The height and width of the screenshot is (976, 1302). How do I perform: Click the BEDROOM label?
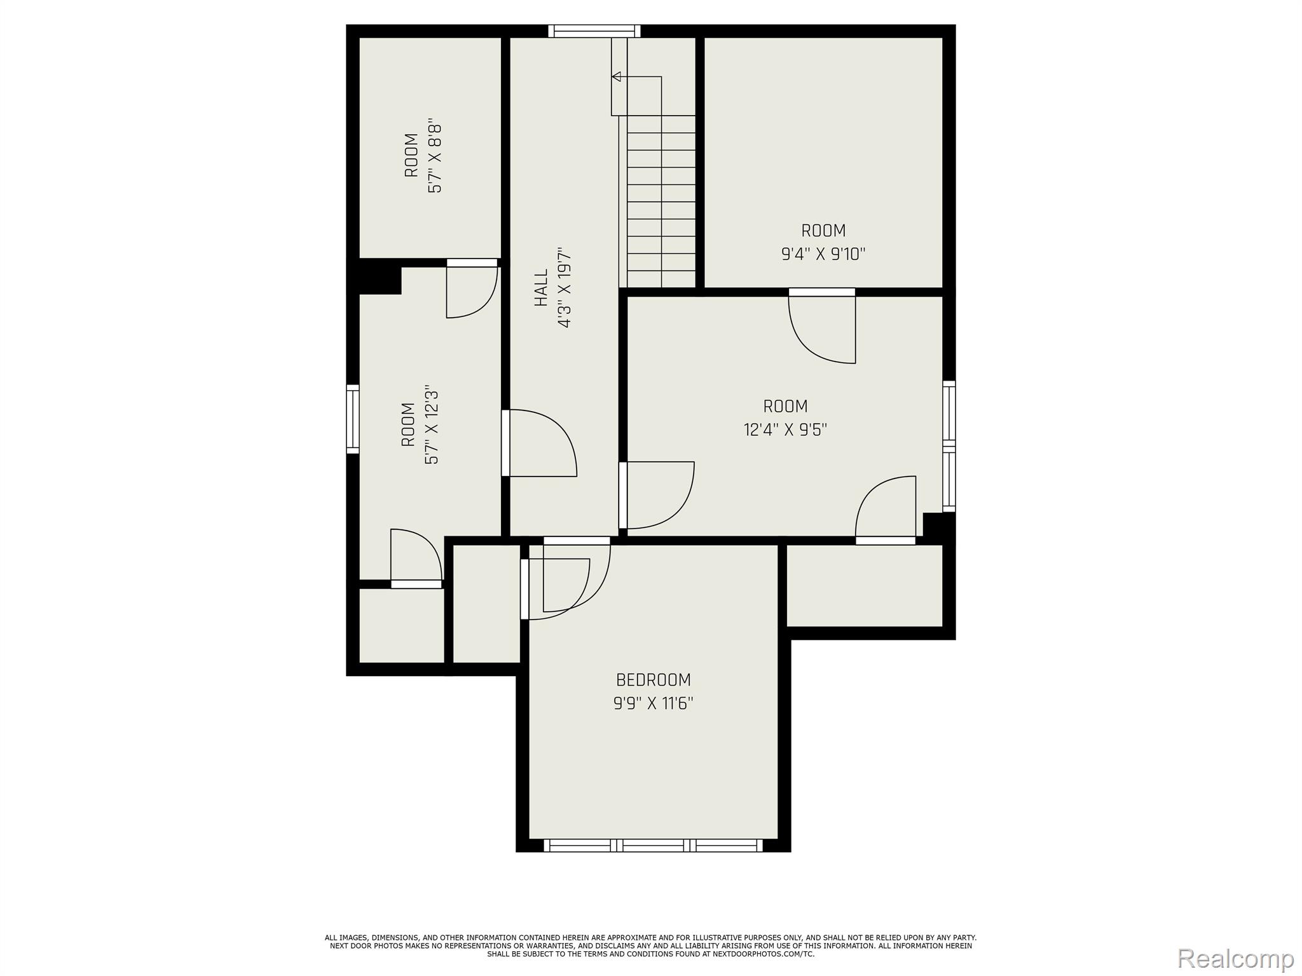(x=653, y=680)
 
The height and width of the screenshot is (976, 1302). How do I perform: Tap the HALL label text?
(x=540, y=288)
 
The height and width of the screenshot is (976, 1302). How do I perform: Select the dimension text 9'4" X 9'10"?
(x=823, y=254)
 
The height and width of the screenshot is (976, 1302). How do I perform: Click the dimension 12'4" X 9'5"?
(x=785, y=430)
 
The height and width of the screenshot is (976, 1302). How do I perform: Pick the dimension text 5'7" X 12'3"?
(x=432, y=424)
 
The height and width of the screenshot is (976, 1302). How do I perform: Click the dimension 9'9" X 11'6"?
(x=653, y=703)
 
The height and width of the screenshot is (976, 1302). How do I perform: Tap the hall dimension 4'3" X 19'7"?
(x=564, y=288)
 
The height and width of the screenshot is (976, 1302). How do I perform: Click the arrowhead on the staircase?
(x=616, y=77)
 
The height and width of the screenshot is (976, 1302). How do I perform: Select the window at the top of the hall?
(x=594, y=31)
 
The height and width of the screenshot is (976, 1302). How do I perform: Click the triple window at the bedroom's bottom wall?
(x=653, y=845)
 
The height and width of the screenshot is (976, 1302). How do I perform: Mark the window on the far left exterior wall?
(x=352, y=419)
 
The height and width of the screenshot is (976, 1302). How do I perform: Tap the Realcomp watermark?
(x=1236, y=958)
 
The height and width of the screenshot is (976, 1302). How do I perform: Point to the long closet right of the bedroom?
(x=865, y=585)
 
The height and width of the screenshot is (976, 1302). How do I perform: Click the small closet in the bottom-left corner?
(x=402, y=626)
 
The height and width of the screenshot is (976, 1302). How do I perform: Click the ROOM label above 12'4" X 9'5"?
(x=785, y=406)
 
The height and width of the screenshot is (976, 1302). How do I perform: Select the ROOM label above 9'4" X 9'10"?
(x=823, y=230)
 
